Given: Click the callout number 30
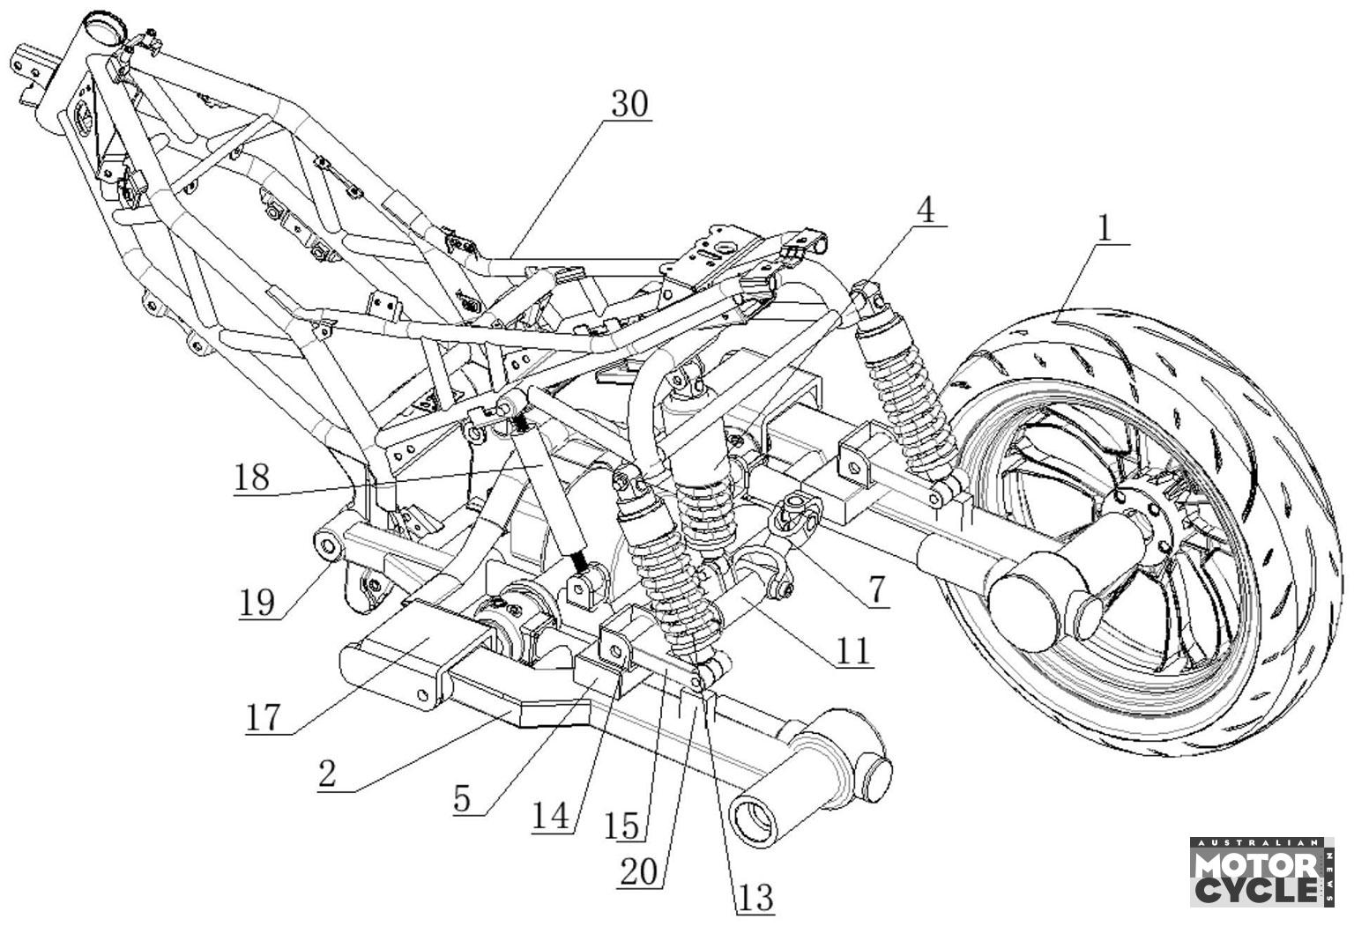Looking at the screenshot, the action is pos(630,105).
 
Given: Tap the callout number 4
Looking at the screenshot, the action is pos(926,211).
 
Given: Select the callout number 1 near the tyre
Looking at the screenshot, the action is pos(1105,230).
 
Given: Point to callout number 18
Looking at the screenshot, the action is pos(251,478).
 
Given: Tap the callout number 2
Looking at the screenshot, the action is pos(327,774).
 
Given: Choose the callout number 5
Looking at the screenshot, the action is pos(462,799).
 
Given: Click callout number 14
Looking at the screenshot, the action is pos(551,817).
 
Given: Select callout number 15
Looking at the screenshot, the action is pos(623,826).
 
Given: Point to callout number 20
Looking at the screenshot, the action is pos(638,872).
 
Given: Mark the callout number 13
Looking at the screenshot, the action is pos(755,898).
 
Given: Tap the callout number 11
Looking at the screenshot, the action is pos(853,651).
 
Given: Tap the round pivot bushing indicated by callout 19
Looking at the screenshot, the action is pos(328,547).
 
